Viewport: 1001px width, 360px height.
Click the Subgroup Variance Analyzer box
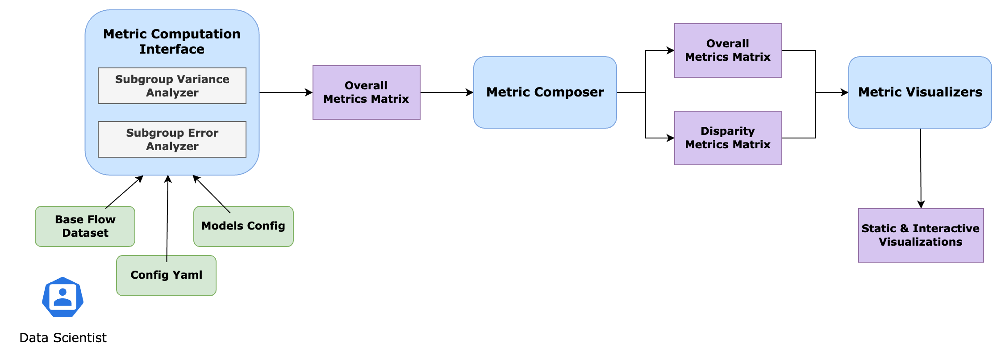(x=172, y=86)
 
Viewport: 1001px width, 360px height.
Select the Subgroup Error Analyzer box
(x=172, y=139)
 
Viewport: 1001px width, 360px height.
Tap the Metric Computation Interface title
(x=172, y=42)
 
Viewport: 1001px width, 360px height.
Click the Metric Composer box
(x=545, y=92)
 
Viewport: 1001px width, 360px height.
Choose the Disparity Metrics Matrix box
(x=728, y=138)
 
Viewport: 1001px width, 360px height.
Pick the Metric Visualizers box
(x=920, y=92)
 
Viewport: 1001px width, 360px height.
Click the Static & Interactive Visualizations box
(x=921, y=235)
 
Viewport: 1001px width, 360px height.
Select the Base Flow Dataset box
(x=85, y=226)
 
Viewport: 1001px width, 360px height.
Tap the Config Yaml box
(x=166, y=276)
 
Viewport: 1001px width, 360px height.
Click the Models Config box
(x=243, y=226)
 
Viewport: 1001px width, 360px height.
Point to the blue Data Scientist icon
(x=63, y=297)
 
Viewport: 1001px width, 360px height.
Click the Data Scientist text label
(x=63, y=338)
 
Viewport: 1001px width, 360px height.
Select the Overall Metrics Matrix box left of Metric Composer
(x=366, y=92)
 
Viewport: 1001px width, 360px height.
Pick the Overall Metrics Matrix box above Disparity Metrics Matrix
(x=728, y=50)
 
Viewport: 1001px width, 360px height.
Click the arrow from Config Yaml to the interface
(x=167, y=218)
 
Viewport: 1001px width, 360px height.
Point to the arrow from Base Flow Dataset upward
(x=124, y=192)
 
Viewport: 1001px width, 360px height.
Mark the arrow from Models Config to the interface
(x=211, y=194)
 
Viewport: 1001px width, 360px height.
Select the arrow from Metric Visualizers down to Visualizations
(x=921, y=168)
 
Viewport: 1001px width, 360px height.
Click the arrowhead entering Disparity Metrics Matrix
(x=671, y=138)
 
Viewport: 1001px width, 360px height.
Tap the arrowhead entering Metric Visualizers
(x=845, y=92)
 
